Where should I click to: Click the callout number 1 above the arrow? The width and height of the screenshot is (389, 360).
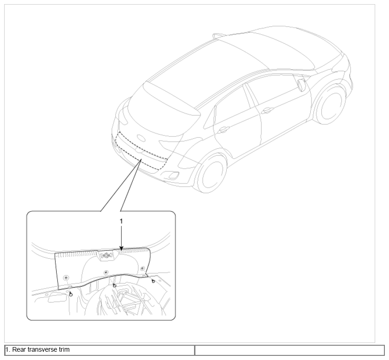click(121, 221)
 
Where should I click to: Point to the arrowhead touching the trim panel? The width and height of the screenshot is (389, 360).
click(121, 248)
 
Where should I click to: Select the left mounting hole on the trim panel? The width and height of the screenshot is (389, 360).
click(66, 277)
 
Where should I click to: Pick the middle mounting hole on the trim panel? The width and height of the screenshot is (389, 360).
click(106, 272)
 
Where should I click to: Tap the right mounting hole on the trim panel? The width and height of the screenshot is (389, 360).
click(142, 268)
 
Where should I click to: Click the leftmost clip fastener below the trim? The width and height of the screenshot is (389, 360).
click(71, 294)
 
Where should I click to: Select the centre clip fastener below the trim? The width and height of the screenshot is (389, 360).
click(114, 285)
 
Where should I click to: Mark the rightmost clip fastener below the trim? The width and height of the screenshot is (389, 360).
click(153, 281)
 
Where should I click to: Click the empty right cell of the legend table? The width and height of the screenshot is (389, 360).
click(289, 350)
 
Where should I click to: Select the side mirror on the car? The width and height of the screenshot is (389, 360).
click(301, 85)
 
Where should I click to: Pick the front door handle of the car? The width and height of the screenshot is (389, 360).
click(268, 110)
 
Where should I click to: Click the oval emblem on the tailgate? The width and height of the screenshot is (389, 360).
click(141, 138)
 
